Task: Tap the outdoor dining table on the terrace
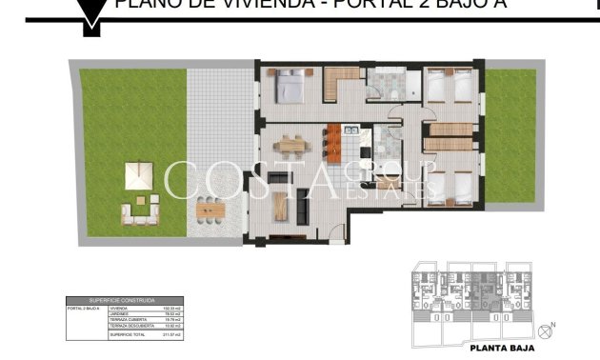209,207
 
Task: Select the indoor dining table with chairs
291,146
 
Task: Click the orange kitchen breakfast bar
333,144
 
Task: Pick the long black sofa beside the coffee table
303,203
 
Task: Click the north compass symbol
546,331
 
